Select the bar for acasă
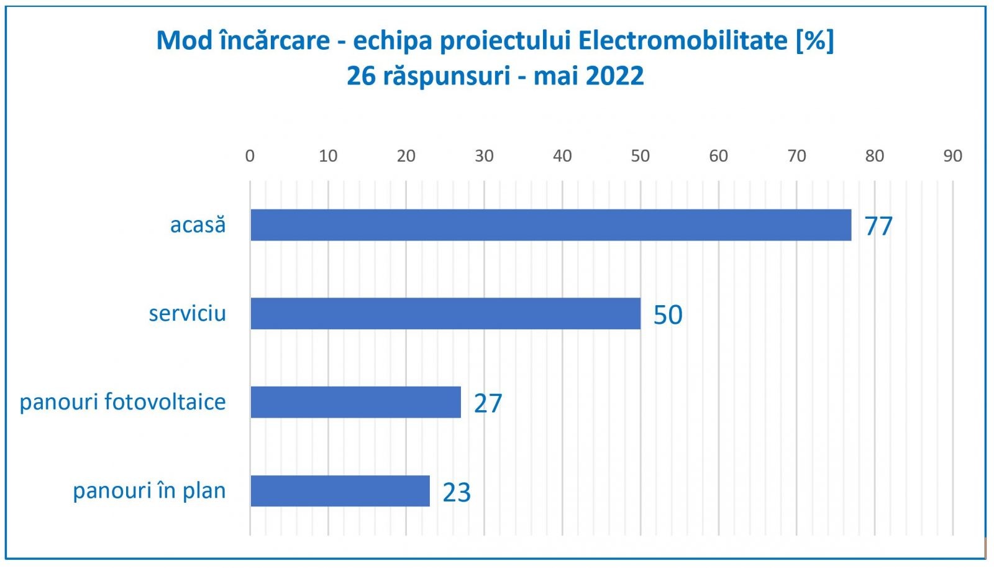point(550,225)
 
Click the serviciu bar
point(445,313)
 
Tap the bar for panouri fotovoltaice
point(355,402)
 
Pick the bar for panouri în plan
point(340,491)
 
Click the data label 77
point(878,226)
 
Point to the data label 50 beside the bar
point(668,315)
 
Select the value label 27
point(488,403)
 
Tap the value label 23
point(457,492)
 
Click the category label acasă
point(198,224)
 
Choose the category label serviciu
point(187,313)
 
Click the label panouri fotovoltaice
point(122,402)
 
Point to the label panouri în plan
point(149,491)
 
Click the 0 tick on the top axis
point(250,156)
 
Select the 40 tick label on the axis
point(562,156)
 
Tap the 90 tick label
point(952,156)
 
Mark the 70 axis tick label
point(796,156)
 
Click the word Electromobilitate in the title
point(683,41)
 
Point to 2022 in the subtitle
point(614,76)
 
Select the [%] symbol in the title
point(814,41)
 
